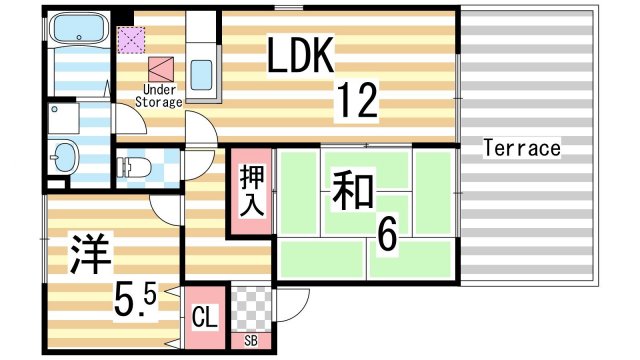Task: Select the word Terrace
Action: point(521,149)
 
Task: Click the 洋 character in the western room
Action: point(88,253)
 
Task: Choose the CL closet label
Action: point(204,319)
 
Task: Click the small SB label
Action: point(250,341)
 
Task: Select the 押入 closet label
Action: point(250,191)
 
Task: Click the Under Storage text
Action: point(158,97)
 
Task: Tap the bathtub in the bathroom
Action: point(77,30)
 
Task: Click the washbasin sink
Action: point(65,156)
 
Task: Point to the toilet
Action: point(139,162)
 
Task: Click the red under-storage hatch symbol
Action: point(160,67)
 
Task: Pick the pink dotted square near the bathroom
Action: point(131,41)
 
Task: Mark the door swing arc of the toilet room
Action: point(162,203)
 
